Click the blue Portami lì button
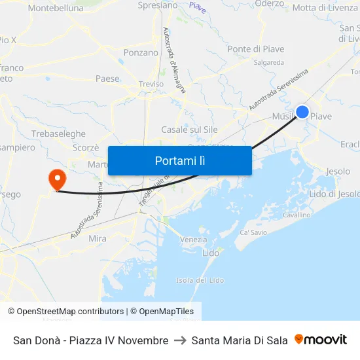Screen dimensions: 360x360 coord(179,160)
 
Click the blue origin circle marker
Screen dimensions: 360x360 coord(302,112)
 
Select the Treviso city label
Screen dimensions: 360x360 coord(151,84)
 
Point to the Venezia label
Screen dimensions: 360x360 coord(193,240)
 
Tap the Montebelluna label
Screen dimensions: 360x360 coord(56,9)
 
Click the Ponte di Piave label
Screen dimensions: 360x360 coord(255,49)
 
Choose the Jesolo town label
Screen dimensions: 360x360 coord(338,171)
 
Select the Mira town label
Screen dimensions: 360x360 coord(98,239)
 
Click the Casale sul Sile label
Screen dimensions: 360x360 coord(189,130)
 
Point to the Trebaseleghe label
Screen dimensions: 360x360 coord(58,133)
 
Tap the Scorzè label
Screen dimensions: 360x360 coord(86,147)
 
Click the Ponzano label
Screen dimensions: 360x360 coord(141,52)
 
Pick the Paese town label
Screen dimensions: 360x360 coord(107,79)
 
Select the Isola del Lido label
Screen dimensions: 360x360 coord(200,280)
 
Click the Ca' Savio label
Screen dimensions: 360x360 coord(253,232)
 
